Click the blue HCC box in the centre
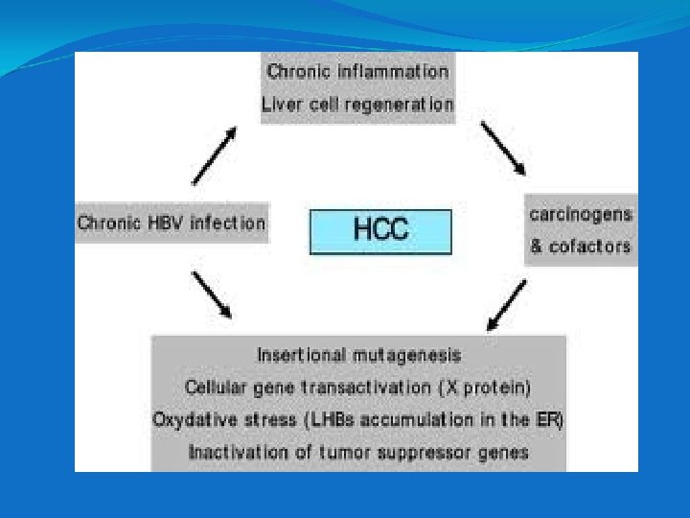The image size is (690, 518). tap(380, 231)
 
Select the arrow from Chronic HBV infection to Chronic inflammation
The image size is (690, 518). tap(215, 155)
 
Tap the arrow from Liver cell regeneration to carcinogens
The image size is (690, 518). tap(502, 149)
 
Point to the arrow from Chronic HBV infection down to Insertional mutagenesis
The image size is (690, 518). tap(212, 294)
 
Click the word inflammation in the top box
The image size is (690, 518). tap(400, 72)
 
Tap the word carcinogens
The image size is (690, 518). tap(581, 214)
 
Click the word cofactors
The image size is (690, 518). tap(590, 247)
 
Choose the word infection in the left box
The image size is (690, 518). tap(227, 224)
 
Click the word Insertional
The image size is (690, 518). tap(303, 355)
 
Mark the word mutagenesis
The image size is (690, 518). tap(408, 355)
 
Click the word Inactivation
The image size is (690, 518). tap(236, 452)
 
